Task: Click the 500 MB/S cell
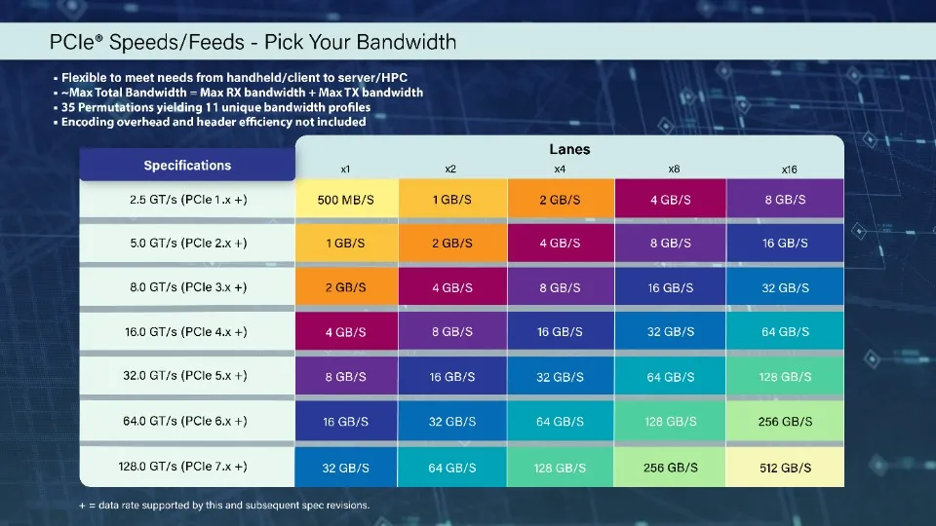point(346,199)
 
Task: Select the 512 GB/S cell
point(785,468)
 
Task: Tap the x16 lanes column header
point(789,169)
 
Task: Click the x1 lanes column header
point(345,169)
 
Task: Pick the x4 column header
point(560,169)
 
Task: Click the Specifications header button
point(187,166)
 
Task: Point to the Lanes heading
point(569,150)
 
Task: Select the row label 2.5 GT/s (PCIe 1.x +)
point(188,199)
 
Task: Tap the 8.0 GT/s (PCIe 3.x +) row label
point(188,287)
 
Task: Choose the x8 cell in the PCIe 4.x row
point(671,332)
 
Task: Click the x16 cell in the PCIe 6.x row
point(785,422)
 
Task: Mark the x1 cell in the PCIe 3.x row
point(346,288)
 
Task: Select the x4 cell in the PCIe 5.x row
point(560,377)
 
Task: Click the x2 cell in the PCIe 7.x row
point(452,468)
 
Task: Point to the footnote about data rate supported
point(224,506)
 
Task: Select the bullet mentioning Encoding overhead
point(213,122)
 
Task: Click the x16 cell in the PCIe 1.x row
point(785,199)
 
